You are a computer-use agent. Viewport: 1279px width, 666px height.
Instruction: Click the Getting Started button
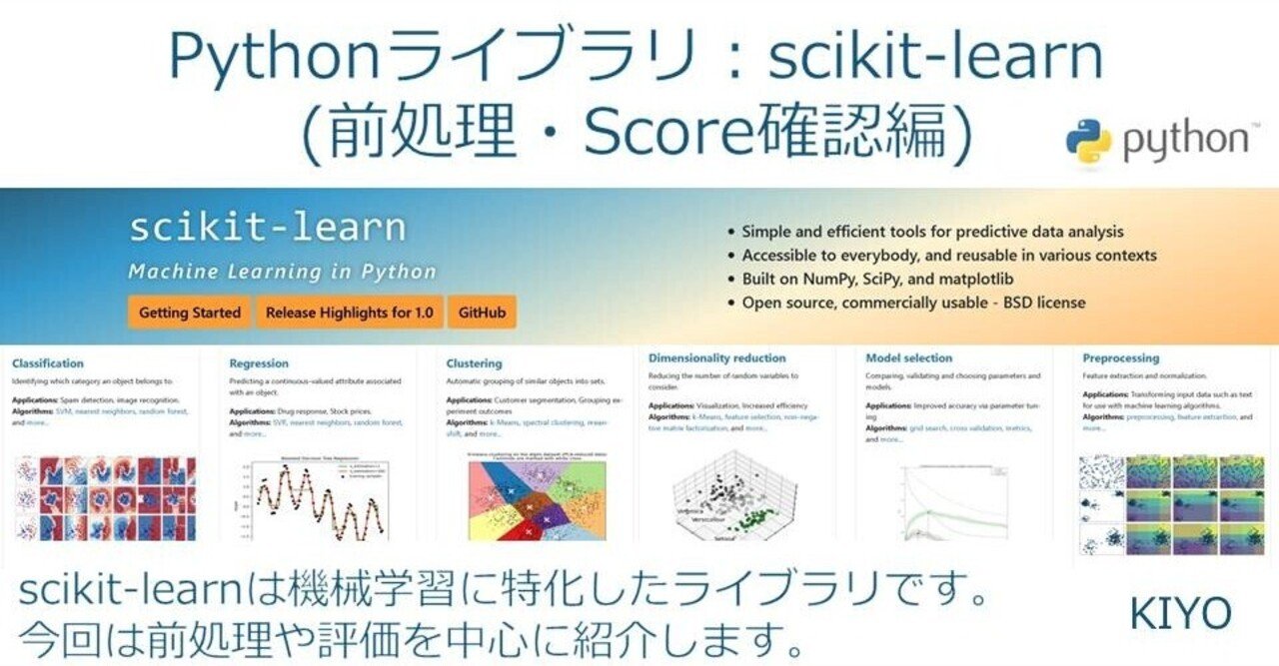coord(190,313)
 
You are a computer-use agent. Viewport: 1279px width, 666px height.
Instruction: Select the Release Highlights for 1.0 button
coord(350,313)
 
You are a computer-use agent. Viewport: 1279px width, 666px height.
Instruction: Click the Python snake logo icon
coord(1088,141)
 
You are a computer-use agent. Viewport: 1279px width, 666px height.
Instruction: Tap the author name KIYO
coord(1180,614)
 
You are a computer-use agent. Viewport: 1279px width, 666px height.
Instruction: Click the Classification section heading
coord(48,363)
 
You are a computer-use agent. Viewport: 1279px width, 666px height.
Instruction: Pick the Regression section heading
coord(259,363)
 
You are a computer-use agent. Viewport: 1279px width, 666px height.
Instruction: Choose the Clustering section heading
coord(474,363)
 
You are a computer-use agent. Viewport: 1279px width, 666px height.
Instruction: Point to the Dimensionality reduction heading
coord(716,357)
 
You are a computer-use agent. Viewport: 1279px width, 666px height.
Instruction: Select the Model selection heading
coord(908,357)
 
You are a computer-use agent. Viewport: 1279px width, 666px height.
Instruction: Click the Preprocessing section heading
coord(1120,357)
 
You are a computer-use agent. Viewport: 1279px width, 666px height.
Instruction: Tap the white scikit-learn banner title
coord(268,229)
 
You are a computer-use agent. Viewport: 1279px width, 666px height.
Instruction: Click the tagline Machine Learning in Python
coord(282,272)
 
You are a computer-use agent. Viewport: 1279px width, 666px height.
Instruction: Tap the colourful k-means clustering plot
coord(530,496)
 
